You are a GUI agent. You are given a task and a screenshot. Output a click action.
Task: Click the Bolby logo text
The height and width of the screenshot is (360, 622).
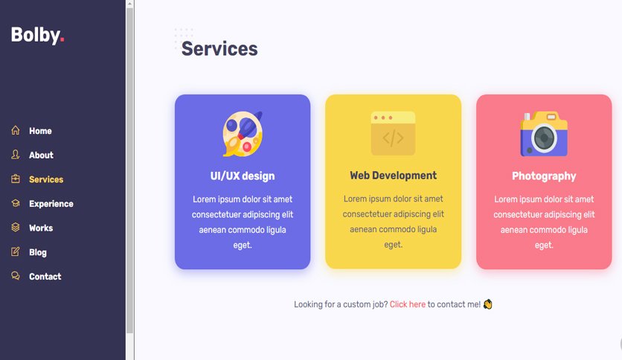pyautogui.click(x=37, y=35)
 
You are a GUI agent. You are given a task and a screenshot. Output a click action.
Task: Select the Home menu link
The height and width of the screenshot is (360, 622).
pyautogui.click(x=40, y=131)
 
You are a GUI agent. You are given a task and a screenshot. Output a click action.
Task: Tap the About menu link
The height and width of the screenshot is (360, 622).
pyautogui.click(x=41, y=155)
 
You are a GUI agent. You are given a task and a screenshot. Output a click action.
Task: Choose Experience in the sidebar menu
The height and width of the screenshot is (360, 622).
pyautogui.click(x=51, y=204)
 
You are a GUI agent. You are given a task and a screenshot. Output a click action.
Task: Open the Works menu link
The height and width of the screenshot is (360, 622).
pyautogui.click(x=41, y=228)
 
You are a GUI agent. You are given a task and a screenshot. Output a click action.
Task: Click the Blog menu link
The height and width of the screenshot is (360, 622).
pyautogui.click(x=38, y=253)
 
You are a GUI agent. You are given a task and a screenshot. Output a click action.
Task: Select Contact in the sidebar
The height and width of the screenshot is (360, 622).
pyautogui.click(x=45, y=277)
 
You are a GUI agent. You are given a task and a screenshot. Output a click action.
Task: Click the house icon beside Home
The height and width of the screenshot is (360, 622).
pyautogui.click(x=16, y=130)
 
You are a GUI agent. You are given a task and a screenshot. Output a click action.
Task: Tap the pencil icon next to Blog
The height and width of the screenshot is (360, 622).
pyautogui.click(x=16, y=251)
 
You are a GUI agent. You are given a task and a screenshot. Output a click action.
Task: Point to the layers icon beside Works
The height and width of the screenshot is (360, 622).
pyautogui.click(x=16, y=227)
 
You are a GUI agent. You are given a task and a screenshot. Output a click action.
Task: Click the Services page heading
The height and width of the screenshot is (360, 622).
pyautogui.click(x=219, y=49)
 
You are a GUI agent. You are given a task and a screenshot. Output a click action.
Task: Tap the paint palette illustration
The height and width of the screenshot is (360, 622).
pyautogui.click(x=243, y=134)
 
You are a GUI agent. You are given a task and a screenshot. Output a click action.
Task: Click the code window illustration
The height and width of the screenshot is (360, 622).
pyautogui.click(x=393, y=134)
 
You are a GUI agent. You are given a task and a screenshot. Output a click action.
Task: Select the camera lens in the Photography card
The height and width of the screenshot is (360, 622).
pyautogui.click(x=544, y=138)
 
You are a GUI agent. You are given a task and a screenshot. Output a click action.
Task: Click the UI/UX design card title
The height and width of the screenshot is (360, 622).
pyautogui.click(x=243, y=176)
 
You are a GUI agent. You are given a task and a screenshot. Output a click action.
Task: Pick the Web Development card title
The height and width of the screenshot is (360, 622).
pyautogui.click(x=393, y=176)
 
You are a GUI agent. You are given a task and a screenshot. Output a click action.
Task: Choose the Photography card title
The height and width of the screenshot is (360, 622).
pyautogui.click(x=544, y=176)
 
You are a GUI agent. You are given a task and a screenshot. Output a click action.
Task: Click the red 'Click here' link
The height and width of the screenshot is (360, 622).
pyautogui.click(x=408, y=304)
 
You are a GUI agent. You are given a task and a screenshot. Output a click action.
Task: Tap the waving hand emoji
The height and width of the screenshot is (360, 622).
pyautogui.click(x=488, y=304)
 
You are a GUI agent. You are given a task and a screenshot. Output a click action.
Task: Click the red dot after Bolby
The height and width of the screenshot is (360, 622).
pyautogui.click(x=62, y=39)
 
